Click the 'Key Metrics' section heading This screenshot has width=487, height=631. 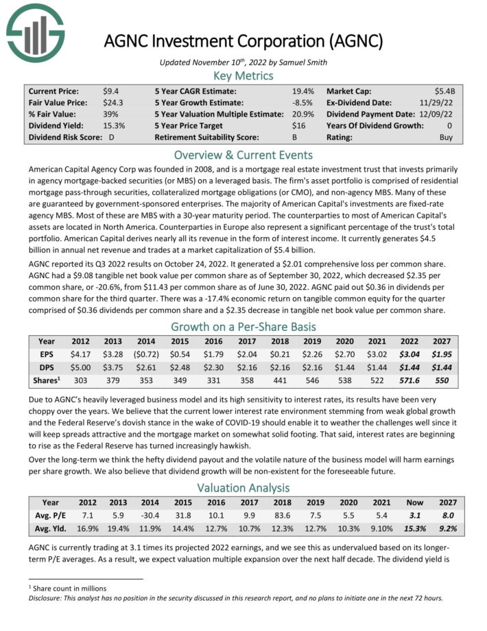(243, 76)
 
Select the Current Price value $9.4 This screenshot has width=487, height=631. (110, 91)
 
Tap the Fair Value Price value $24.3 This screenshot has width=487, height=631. (112, 102)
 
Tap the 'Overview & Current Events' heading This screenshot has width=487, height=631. (243, 154)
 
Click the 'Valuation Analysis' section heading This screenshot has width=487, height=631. (243, 488)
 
